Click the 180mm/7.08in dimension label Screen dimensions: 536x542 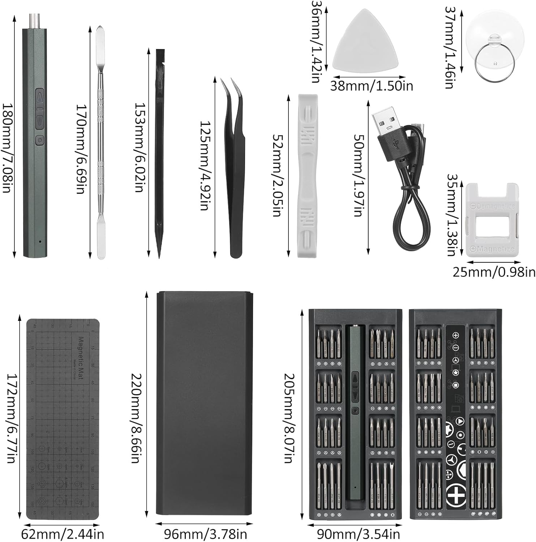[x=8, y=148]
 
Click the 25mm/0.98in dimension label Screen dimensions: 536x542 [x=494, y=272]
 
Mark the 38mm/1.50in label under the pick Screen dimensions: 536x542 [x=372, y=86]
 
